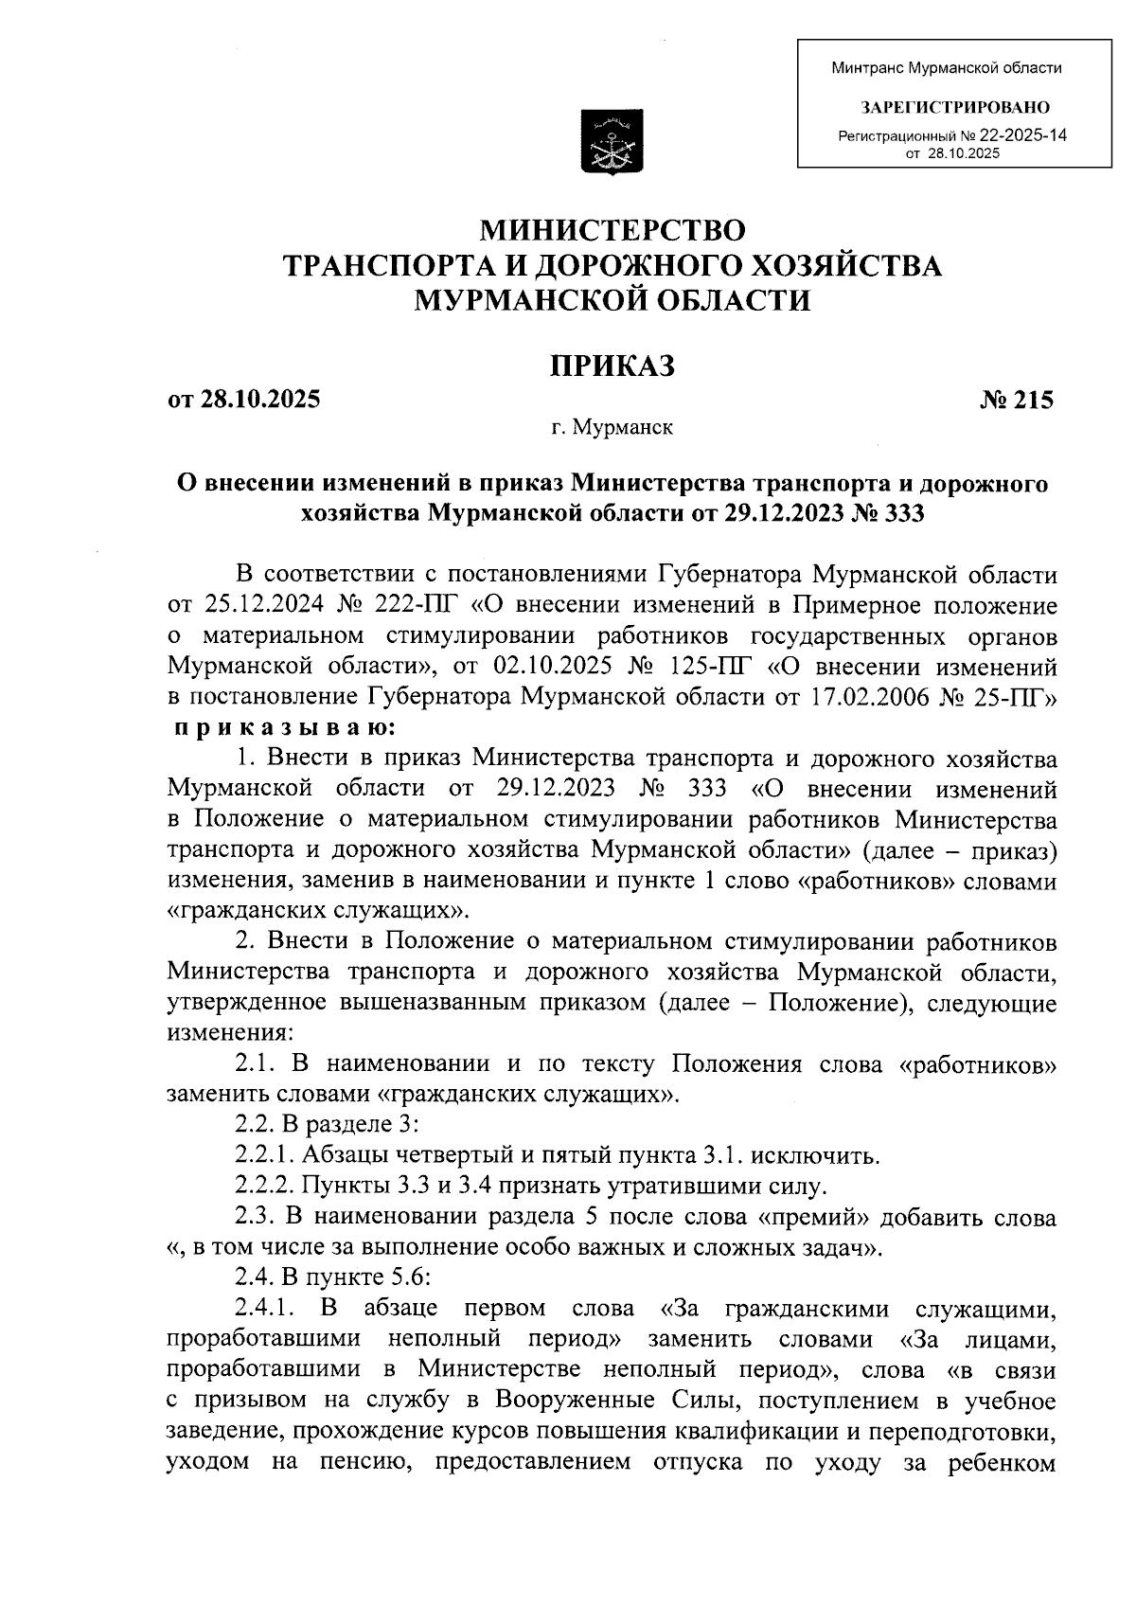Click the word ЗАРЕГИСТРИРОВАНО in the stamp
(953, 107)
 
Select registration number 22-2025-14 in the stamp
(1028, 135)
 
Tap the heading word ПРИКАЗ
(613, 365)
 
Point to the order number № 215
(1017, 400)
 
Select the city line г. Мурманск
(612, 428)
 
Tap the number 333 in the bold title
(904, 513)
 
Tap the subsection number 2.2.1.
(264, 1155)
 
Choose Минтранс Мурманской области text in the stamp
(947, 68)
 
